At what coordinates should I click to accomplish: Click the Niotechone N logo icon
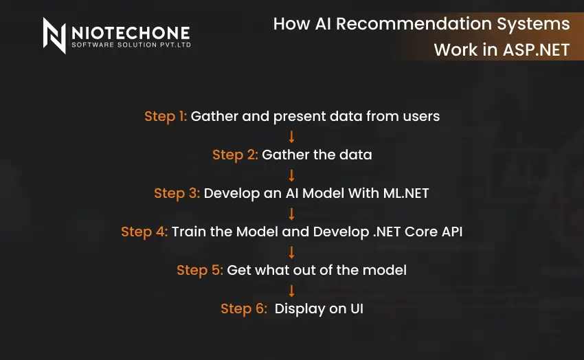[x=55, y=36]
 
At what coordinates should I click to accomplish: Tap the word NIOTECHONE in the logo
[x=131, y=32]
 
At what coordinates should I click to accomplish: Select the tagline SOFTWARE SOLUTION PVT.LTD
[x=131, y=45]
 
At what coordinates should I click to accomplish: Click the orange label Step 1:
[x=165, y=116]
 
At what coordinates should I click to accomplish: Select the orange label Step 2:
[x=235, y=155]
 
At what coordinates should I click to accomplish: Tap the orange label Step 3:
[x=177, y=193]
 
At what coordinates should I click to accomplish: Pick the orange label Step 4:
[x=144, y=232]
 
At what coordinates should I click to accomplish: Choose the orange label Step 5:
[x=199, y=270]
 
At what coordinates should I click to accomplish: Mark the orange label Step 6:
[x=243, y=308]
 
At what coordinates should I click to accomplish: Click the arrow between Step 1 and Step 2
[x=292, y=135]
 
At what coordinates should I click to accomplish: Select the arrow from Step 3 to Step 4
[x=292, y=212]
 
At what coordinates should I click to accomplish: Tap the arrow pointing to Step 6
[x=292, y=289]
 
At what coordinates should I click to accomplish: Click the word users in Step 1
[x=421, y=116]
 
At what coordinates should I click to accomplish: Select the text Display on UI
[x=319, y=308]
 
